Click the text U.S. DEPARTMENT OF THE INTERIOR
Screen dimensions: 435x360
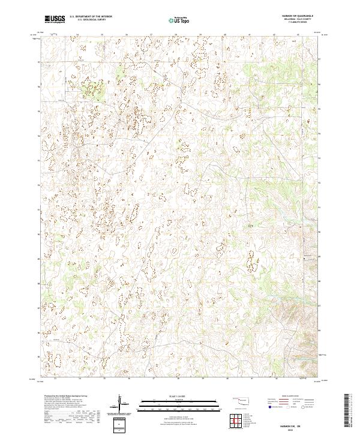[x=91, y=17]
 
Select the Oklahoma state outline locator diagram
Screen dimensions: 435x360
[x=242, y=401]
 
